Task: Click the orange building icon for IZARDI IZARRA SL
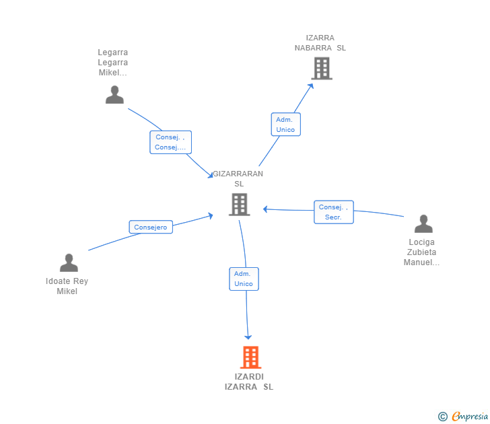tap(250, 357)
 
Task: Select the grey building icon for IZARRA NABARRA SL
tap(321, 68)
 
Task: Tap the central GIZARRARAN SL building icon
tap(239, 205)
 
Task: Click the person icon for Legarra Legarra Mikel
tap(114, 95)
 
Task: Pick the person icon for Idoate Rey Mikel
tap(69, 263)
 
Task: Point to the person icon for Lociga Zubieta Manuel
tap(423, 224)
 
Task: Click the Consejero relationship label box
tap(151, 227)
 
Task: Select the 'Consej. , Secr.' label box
tap(333, 212)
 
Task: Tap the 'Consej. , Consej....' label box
tap(170, 142)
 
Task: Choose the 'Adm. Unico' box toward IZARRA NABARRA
tap(285, 125)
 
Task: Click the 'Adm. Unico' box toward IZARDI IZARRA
tap(243, 279)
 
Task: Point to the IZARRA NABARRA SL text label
tap(320, 43)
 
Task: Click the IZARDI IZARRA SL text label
tap(249, 382)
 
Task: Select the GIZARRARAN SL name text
tap(238, 178)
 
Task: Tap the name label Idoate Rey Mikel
tap(67, 286)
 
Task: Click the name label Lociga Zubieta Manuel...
tap(421, 252)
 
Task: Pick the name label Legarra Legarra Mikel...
tap(112, 63)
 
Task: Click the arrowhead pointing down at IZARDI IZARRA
tap(248, 336)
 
